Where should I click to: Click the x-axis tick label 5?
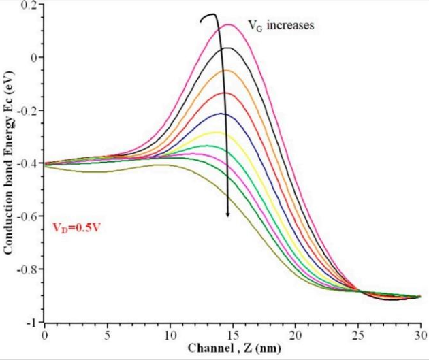click(107, 335)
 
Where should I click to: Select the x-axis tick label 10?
click(170, 335)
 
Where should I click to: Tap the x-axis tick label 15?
click(232, 335)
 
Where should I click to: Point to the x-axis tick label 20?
click(296, 335)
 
